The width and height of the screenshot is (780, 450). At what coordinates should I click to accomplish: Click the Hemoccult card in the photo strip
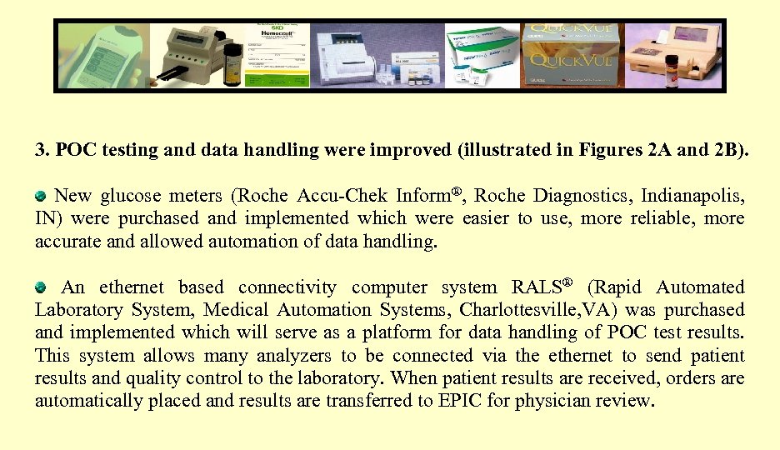pos(273,54)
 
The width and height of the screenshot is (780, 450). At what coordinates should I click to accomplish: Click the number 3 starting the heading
pos(39,151)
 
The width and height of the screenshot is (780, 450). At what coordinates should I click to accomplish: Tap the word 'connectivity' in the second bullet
pos(287,287)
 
